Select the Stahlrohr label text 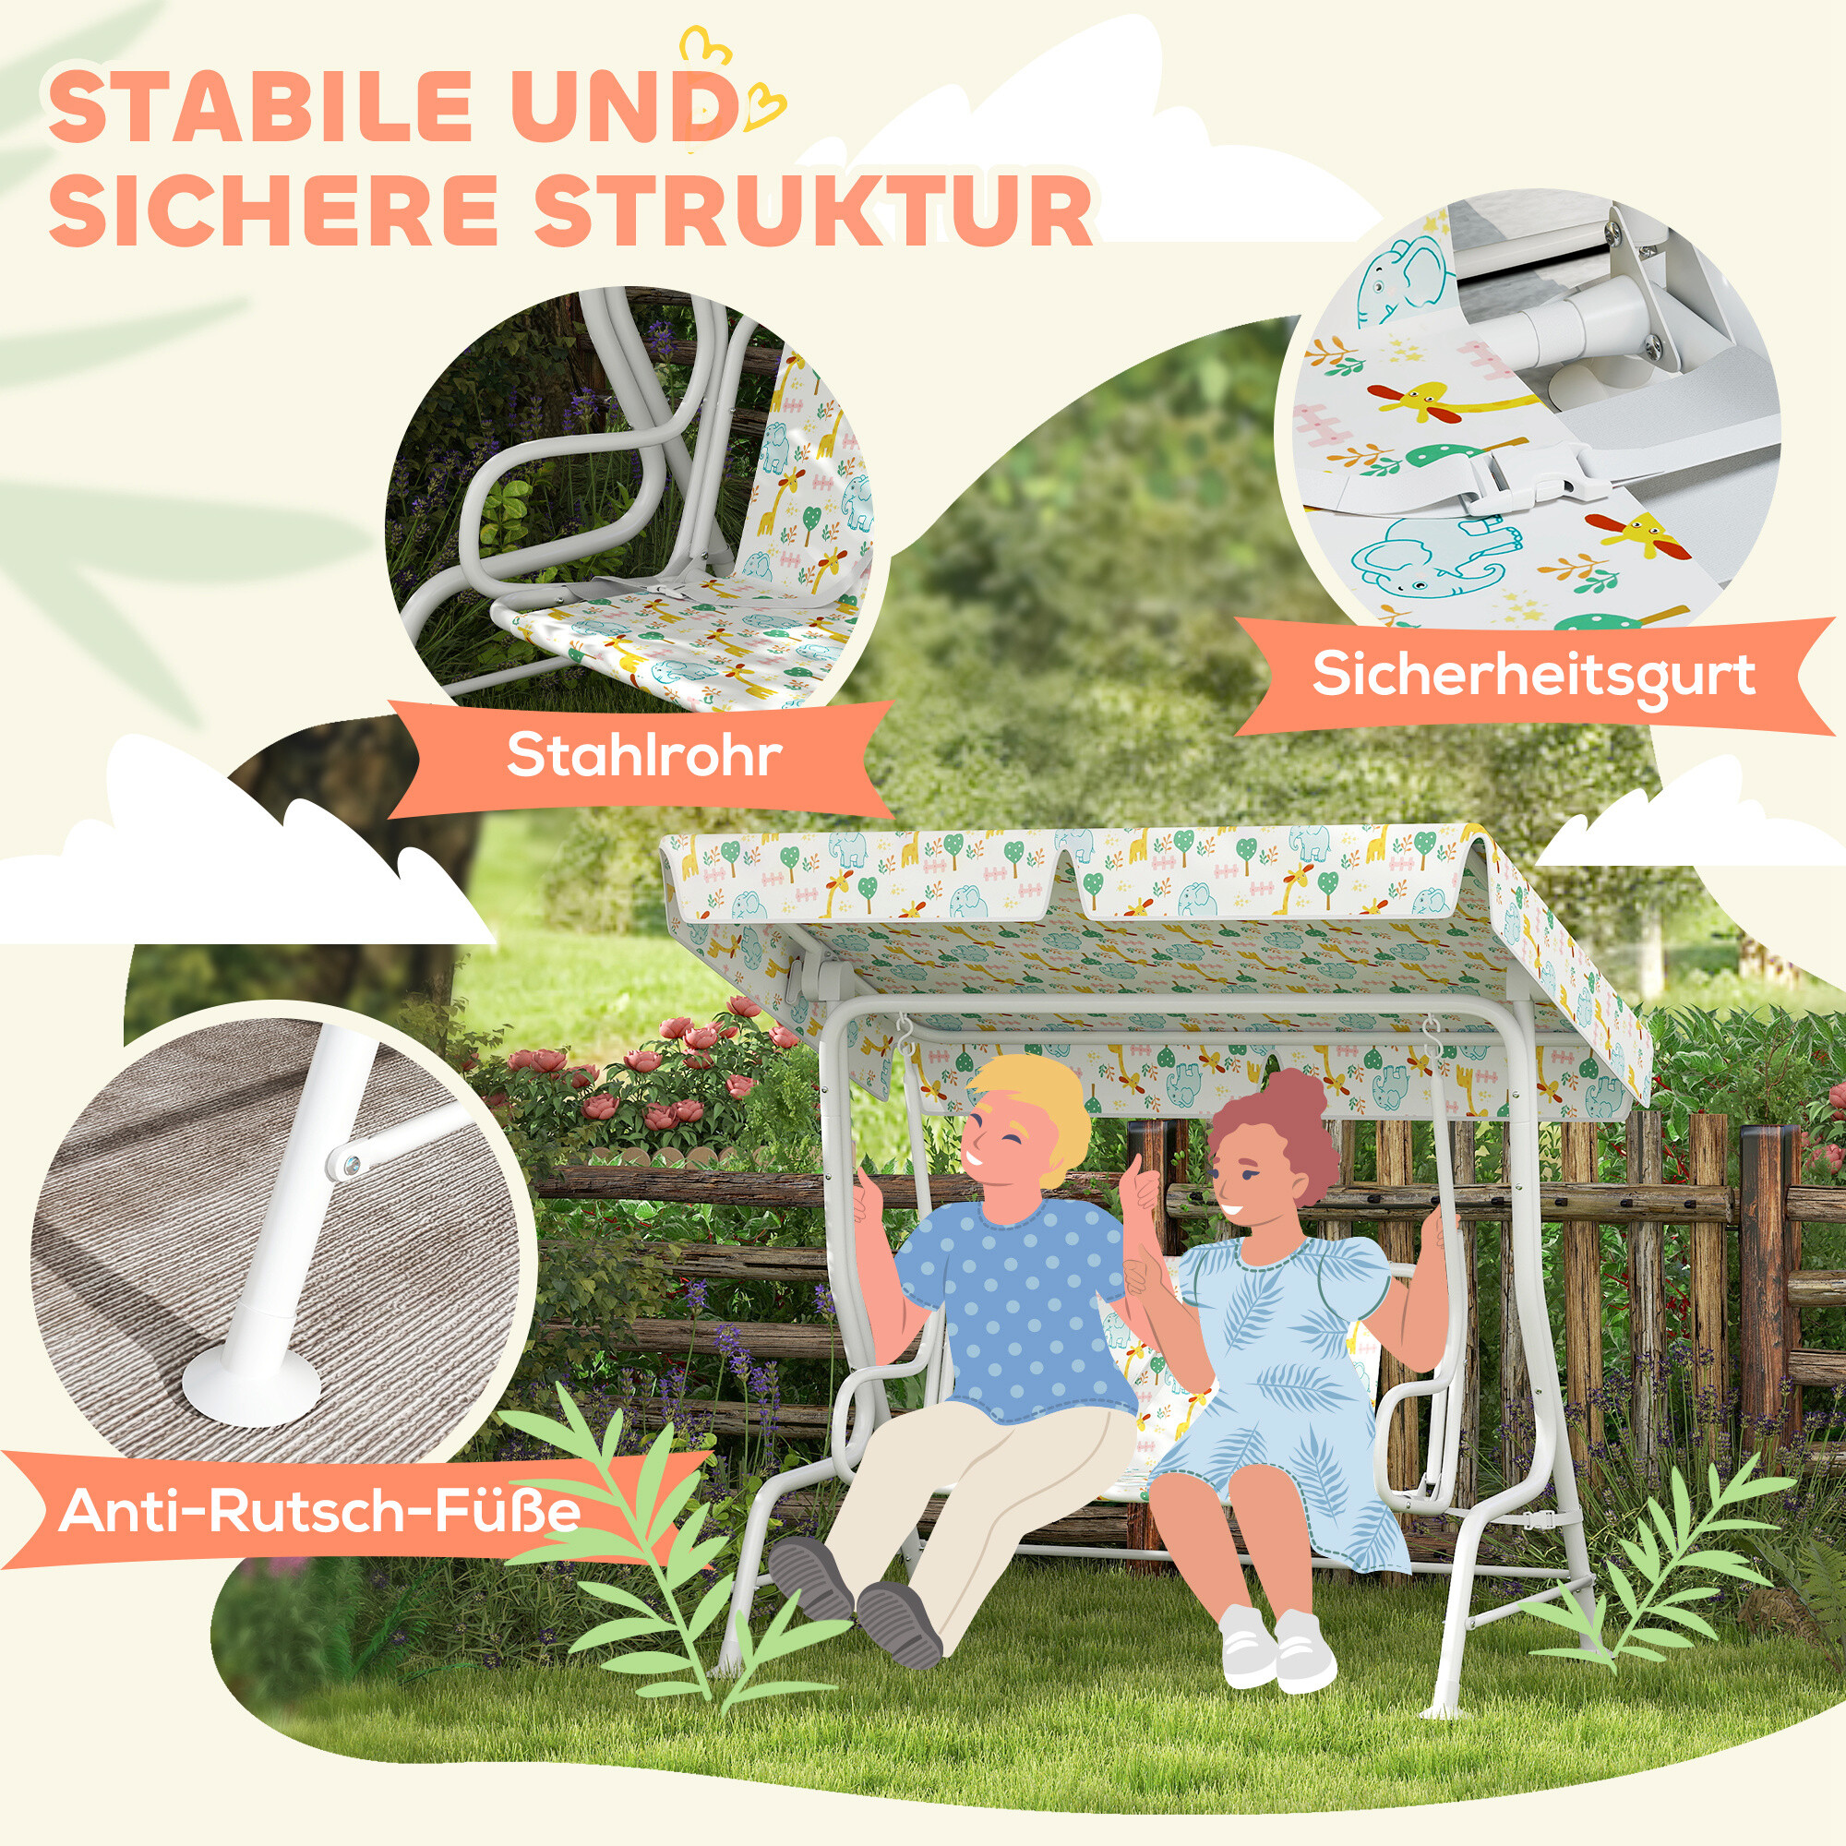[643, 756]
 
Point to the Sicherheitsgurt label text [1532, 676]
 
